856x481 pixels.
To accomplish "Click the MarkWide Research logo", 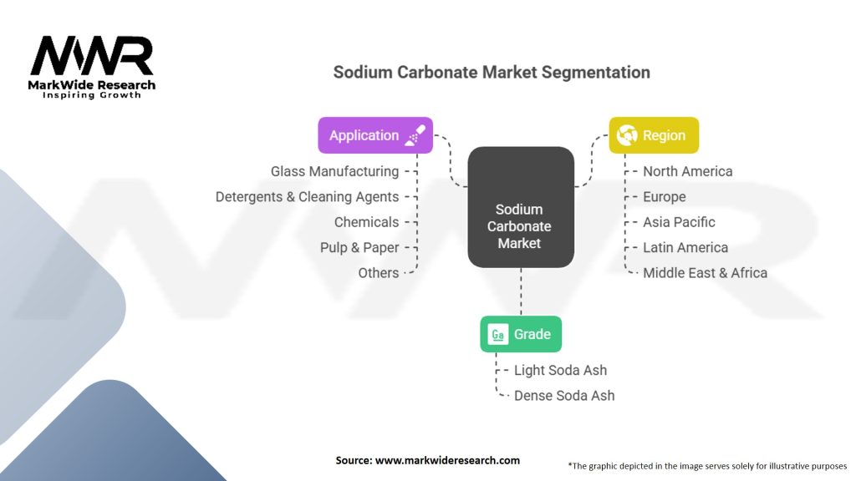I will tap(92, 67).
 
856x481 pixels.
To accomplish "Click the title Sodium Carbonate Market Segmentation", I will tap(492, 72).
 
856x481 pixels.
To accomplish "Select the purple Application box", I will tap(375, 135).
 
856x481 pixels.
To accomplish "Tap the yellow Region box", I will tap(654, 135).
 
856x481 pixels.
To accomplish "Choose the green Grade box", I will tap(521, 334).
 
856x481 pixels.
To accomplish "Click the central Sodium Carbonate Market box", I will tap(520, 225).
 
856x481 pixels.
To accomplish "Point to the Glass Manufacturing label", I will tap(334, 171).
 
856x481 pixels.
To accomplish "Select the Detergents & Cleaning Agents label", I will tap(307, 197).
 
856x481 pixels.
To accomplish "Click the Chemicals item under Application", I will tap(366, 222).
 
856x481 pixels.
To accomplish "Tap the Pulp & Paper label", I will tap(359, 247).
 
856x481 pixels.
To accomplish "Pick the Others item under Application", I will tap(378, 272).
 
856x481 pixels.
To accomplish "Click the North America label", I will tap(687, 171).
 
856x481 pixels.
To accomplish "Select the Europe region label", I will tap(664, 197).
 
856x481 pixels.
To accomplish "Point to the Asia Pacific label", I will tap(679, 222).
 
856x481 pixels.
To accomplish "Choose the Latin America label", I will tap(685, 247).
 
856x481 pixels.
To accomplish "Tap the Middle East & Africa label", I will tap(705, 272).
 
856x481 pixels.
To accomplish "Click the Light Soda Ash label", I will tap(560, 370).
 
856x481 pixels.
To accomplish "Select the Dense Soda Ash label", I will tap(564, 395).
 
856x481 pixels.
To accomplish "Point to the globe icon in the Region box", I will tap(625, 135).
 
